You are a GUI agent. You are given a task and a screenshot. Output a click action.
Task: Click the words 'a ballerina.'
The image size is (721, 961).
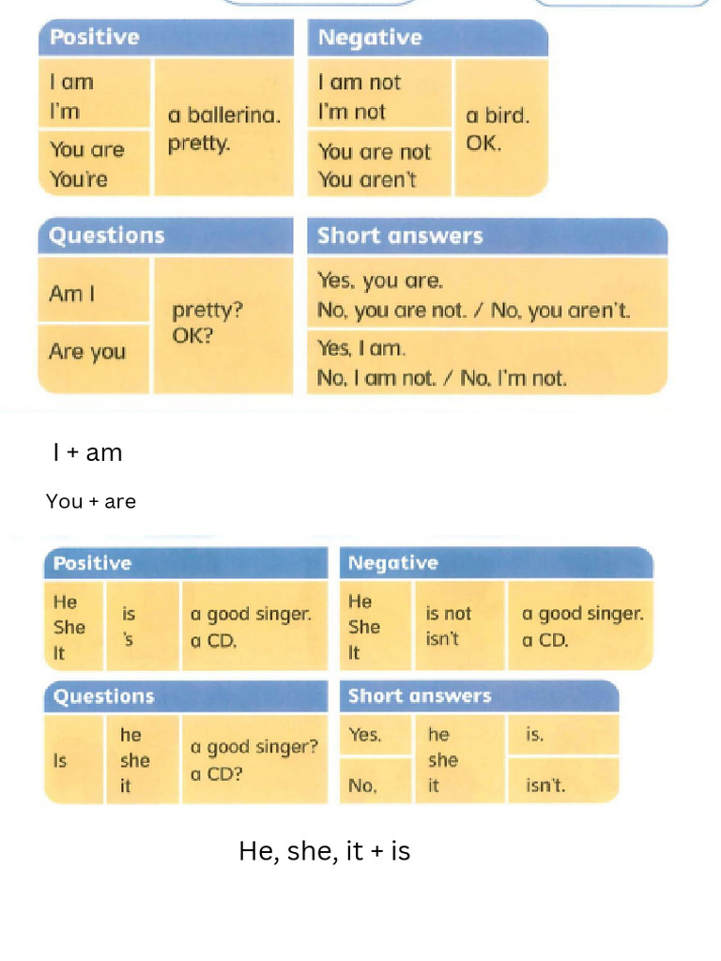(223, 116)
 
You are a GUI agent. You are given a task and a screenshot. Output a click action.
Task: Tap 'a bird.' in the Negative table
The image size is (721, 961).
(498, 116)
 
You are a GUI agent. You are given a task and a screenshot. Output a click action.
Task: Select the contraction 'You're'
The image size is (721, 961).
(79, 179)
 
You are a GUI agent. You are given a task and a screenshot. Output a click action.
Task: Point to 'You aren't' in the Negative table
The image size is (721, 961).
(367, 179)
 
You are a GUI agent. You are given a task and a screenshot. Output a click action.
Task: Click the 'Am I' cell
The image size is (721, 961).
(72, 294)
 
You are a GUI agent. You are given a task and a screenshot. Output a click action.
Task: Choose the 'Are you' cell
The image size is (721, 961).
(87, 352)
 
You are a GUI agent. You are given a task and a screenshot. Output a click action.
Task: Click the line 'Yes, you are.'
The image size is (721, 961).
(380, 281)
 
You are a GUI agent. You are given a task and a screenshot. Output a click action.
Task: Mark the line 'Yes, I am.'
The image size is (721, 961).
(361, 348)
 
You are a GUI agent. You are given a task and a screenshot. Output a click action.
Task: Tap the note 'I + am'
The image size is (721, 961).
(88, 453)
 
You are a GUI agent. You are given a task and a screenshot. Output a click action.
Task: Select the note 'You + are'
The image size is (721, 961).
(91, 501)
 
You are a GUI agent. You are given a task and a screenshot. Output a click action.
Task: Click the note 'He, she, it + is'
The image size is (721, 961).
(324, 851)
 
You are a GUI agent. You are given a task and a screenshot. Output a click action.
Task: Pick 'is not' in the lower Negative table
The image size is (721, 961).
(449, 614)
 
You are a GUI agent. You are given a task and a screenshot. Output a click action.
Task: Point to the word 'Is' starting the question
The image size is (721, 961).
(60, 761)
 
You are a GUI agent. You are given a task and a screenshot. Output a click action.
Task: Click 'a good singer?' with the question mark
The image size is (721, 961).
(253, 747)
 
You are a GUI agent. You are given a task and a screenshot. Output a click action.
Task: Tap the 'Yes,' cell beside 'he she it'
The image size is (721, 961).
(365, 735)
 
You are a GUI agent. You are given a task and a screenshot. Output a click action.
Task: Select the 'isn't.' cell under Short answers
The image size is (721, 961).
(546, 786)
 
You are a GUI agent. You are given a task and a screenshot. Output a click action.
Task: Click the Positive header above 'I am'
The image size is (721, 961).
(95, 38)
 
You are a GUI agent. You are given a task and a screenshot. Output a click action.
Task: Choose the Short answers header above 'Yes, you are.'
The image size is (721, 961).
(400, 236)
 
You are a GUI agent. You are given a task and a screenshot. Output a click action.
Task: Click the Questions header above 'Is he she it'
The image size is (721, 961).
(104, 696)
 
